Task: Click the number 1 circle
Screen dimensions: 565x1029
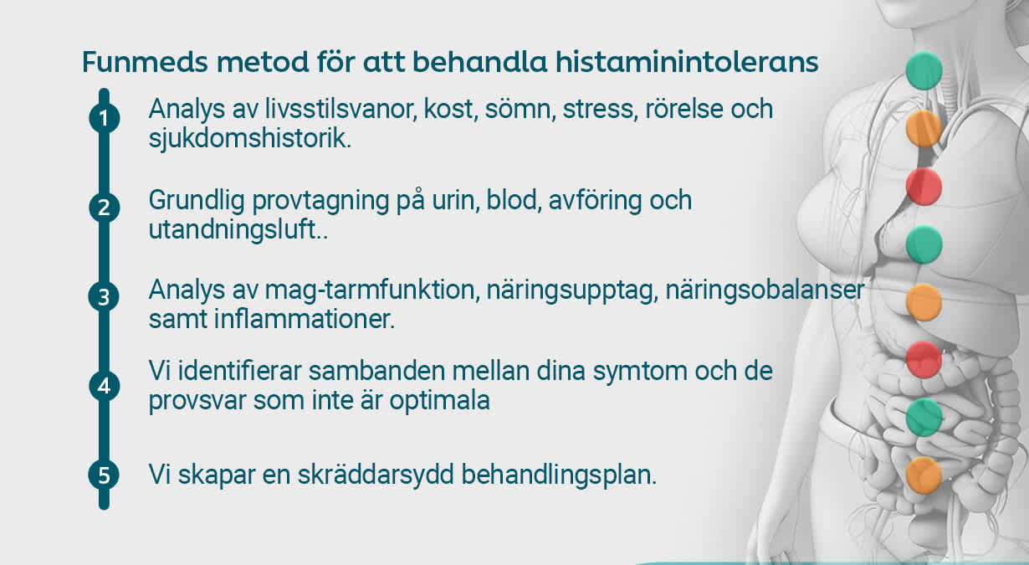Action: pos(104,119)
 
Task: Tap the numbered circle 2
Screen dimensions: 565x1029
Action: pos(104,208)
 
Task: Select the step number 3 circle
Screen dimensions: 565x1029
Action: pos(104,298)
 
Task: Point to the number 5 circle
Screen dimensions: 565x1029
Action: pos(104,475)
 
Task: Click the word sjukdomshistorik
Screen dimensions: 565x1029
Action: pos(249,138)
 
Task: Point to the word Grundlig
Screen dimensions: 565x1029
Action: pos(199,201)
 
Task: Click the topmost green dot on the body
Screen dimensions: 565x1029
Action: pos(924,71)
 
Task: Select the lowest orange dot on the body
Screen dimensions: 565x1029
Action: pos(924,475)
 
